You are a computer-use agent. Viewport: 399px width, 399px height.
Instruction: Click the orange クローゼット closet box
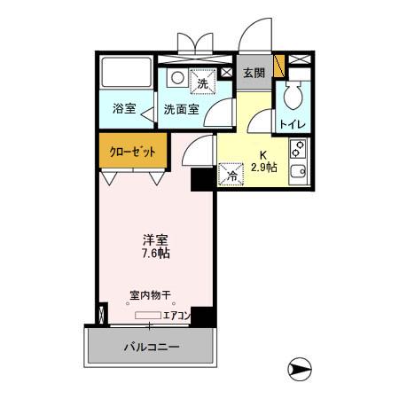[132, 152]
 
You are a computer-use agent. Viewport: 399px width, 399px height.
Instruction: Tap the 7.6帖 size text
[156, 254]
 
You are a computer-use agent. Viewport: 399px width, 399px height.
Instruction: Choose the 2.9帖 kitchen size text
[262, 166]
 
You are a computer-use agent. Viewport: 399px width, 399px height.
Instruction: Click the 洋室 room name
[156, 239]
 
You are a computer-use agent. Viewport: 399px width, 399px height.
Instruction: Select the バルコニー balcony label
[151, 347]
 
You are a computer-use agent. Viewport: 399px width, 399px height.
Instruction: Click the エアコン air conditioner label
[177, 315]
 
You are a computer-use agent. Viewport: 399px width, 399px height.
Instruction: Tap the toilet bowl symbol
[293, 95]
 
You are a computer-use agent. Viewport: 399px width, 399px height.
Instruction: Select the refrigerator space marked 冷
[230, 174]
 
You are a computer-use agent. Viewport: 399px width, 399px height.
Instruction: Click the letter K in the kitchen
[262, 153]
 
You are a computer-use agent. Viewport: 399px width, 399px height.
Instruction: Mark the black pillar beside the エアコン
[204, 317]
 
